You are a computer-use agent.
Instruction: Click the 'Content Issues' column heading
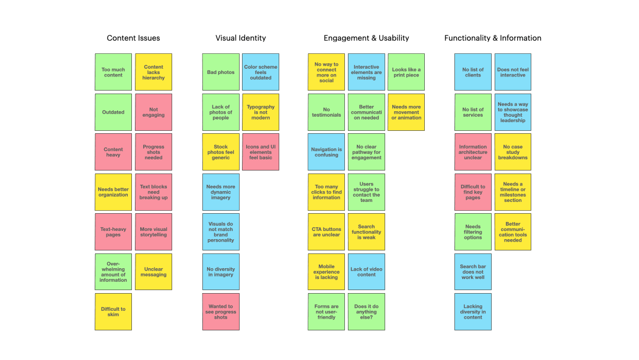pyautogui.click(x=133, y=38)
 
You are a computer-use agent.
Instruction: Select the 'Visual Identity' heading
pyautogui.click(x=240, y=38)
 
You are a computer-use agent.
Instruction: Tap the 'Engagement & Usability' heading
pyautogui.click(x=366, y=38)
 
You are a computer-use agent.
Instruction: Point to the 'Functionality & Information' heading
pyautogui.click(x=493, y=38)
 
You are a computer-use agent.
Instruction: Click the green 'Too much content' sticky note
pyautogui.click(x=113, y=72)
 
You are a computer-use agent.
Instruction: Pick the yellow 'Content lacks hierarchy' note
pyautogui.click(x=153, y=72)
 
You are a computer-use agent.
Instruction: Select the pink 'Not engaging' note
pyautogui.click(x=153, y=112)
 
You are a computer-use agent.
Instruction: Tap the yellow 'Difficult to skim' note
pyautogui.click(x=113, y=311)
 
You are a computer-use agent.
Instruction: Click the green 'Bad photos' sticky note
pyautogui.click(x=221, y=72)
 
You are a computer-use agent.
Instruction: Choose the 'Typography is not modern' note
pyautogui.click(x=261, y=112)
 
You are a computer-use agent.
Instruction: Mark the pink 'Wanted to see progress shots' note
pyautogui.click(x=221, y=311)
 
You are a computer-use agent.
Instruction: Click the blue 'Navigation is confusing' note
pyautogui.click(x=327, y=152)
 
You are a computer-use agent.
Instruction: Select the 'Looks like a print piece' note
pyautogui.click(x=406, y=72)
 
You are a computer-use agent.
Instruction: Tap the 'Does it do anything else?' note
pyautogui.click(x=366, y=311)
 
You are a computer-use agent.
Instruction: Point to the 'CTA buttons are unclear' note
pyautogui.click(x=327, y=232)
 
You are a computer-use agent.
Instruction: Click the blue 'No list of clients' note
pyautogui.click(x=473, y=72)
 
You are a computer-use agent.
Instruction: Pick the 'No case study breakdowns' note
pyautogui.click(x=513, y=152)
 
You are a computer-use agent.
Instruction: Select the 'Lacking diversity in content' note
pyautogui.click(x=473, y=311)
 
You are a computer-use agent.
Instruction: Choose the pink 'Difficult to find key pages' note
pyautogui.click(x=473, y=192)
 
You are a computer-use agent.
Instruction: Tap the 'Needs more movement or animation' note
pyautogui.click(x=406, y=112)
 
